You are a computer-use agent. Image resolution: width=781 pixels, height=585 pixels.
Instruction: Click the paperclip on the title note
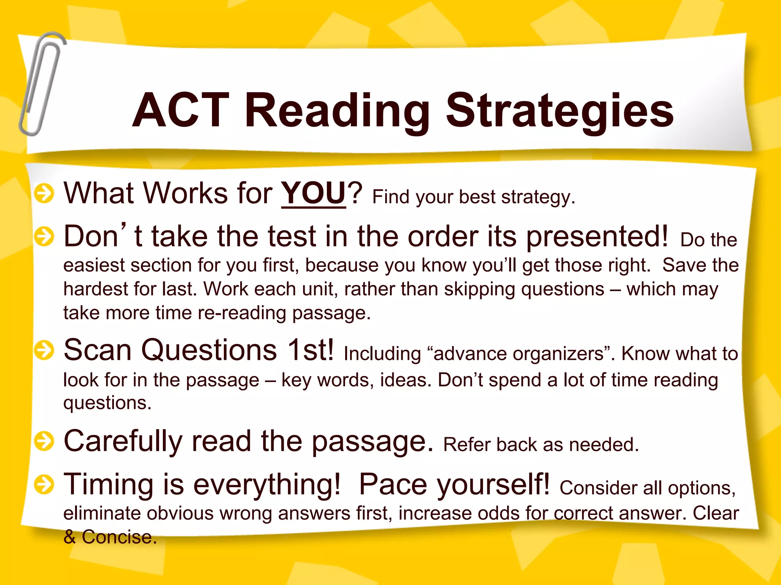point(41,84)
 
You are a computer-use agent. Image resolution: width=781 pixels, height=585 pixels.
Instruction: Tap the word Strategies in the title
point(559,111)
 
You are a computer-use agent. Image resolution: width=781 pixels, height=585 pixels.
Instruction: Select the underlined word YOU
point(313,193)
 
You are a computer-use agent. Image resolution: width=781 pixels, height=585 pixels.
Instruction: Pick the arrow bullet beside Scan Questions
point(44,350)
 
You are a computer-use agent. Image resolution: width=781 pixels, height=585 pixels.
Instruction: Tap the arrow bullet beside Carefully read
point(44,441)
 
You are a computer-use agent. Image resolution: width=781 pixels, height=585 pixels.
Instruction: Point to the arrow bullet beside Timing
point(44,484)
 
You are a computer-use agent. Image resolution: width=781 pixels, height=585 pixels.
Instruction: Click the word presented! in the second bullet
point(597,237)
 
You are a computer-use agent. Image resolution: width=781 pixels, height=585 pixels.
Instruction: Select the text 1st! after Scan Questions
point(311,350)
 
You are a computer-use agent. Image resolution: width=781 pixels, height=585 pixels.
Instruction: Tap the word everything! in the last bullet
point(267,484)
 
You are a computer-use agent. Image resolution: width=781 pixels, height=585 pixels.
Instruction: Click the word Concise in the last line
point(119,537)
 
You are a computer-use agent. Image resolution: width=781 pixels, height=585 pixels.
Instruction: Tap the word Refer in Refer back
point(466,444)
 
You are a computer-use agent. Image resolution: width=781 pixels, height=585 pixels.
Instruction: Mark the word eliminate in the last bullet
point(102,513)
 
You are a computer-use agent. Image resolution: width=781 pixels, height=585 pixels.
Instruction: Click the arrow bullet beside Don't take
point(44,237)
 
